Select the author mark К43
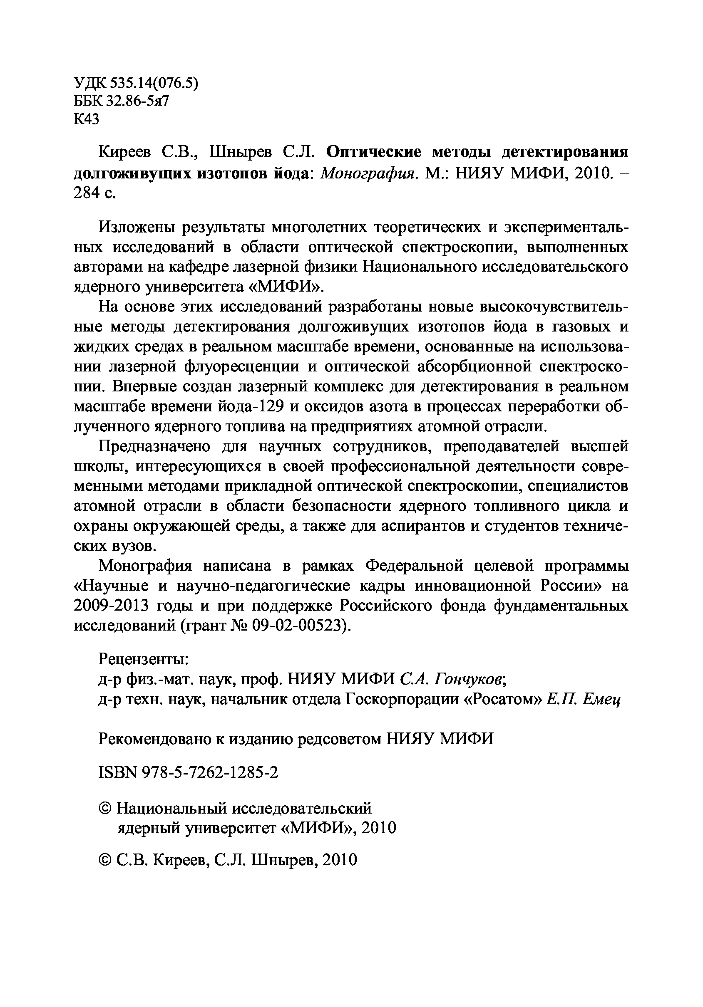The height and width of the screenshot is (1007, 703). pos(87,119)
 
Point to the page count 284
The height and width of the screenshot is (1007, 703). pos(87,193)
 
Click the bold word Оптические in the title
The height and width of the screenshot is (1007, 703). pos(374,152)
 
